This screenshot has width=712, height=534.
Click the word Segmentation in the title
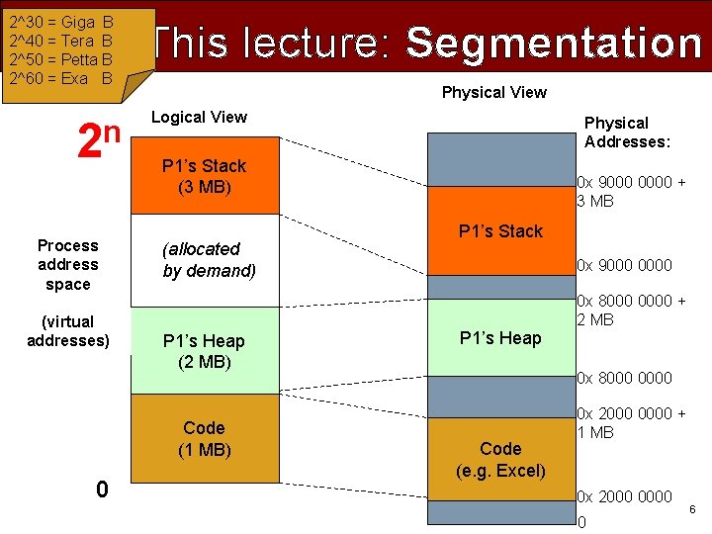tap(554, 43)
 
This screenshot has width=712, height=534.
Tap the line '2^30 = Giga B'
tap(60, 21)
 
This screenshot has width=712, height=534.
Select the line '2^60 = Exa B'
tap(60, 78)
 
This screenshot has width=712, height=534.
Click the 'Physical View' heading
tap(493, 93)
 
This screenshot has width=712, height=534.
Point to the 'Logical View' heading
tap(199, 117)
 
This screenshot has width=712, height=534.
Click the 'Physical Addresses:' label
tap(627, 133)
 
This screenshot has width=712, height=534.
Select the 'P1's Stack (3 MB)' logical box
tap(204, 176)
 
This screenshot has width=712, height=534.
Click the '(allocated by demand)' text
tap(209, 260)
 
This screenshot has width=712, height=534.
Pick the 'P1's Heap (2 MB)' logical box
tap(204, 351)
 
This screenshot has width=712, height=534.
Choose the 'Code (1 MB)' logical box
tap(204, 439)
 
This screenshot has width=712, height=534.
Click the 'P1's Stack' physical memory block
tap(500, 231)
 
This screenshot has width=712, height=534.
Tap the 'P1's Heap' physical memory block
tap(500, 338)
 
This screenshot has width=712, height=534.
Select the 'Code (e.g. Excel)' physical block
tap(500, 460)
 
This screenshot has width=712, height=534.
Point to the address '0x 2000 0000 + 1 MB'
tap(630, 423)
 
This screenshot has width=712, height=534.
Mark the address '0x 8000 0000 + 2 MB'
tap(630, 310)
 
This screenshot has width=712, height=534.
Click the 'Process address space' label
tap(68, 265)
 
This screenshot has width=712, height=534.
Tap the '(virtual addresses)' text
tap(68, 331)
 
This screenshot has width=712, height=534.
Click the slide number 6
tap(692, 509)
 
